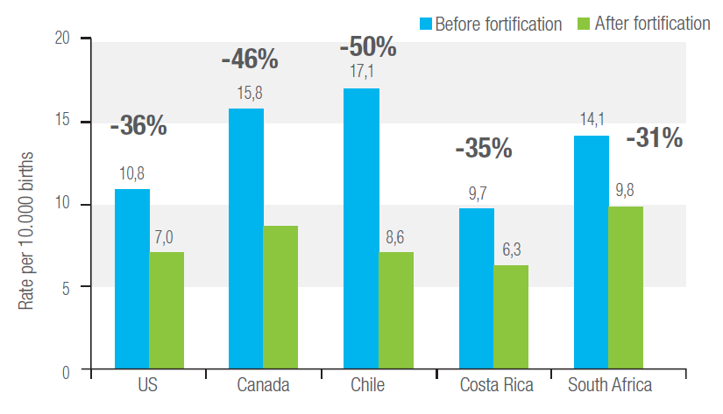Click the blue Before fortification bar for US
pos(131,279)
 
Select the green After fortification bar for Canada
pos(280,298)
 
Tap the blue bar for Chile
pos(361,229)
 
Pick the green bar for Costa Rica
pos(511,317)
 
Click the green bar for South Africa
pos(625,288)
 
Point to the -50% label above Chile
pos(367,46)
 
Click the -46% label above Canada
pos(250,60)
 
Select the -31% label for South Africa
pos(654,138)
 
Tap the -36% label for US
pos(138,126)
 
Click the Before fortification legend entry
pos(496,24)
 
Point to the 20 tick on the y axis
pos(60,39)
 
